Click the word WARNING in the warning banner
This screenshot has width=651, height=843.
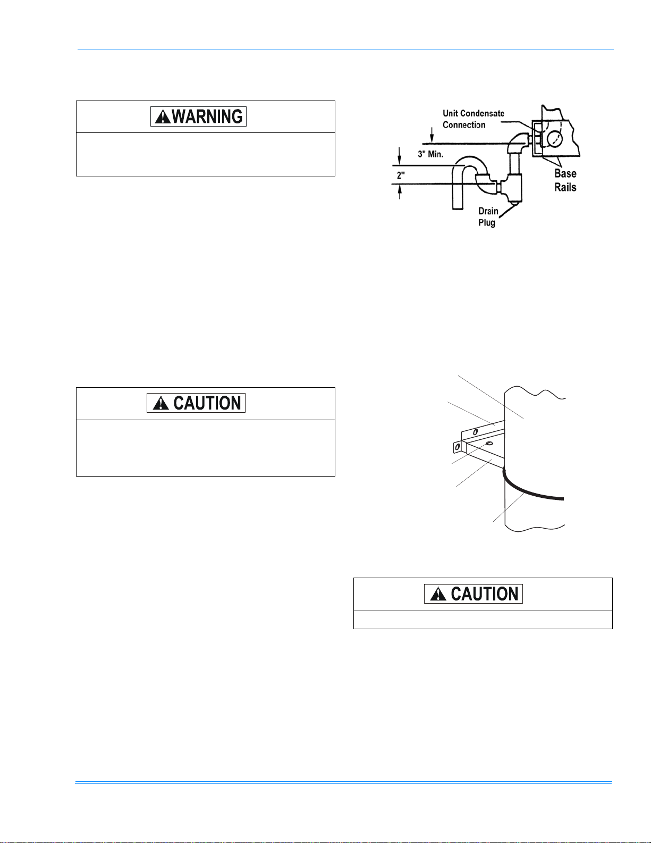click(x=207, y=116)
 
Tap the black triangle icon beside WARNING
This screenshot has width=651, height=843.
click(x=163, y=117)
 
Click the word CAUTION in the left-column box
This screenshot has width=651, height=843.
click(x=207, y=403)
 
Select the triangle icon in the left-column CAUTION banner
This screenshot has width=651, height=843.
click(x=161, y=404)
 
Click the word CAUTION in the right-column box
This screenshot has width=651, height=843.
click(x=485, y=594)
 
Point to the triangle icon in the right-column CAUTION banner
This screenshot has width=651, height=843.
click(x=438, y=595)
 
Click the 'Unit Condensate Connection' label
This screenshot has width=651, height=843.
click(x=473, y=119)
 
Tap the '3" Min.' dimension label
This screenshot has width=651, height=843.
click(x=430, y=154)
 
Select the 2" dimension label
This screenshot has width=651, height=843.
click(x=401, y=176)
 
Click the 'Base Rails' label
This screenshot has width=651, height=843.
click(x=565, y=180)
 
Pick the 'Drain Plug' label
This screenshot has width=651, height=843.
click(x=488, y=217)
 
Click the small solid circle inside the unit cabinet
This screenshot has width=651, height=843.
click(x=554, y=138)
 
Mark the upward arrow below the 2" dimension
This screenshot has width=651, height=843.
click(x=400, y=192)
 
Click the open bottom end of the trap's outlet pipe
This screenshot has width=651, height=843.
click(x=458, y=208)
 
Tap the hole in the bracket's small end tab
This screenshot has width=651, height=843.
click(x=457, y=447)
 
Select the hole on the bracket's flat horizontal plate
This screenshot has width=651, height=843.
click(x=489, y=444)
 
